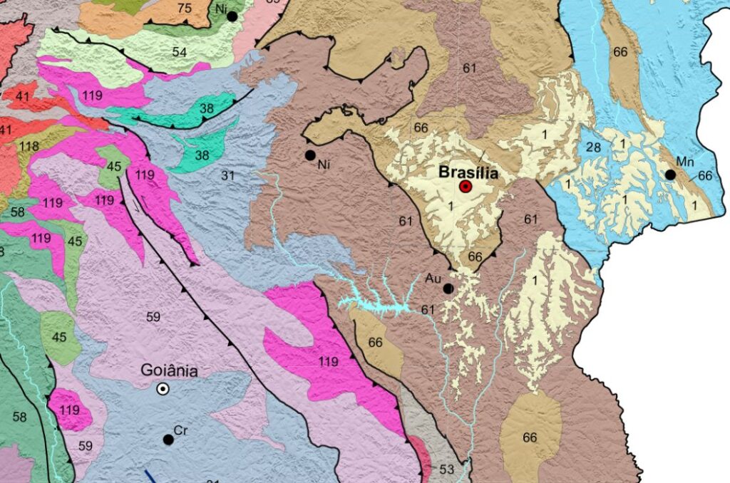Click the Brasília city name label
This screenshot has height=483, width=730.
click(468, 172)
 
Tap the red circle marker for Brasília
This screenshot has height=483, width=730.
click(466, 187)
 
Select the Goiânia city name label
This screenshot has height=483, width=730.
click(169, 370)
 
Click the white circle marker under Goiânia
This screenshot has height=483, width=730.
click(163, 388)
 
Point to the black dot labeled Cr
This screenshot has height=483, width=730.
click(168, 440)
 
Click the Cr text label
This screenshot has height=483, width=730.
click(180, 430)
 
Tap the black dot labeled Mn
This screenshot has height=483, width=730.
click(670, 175)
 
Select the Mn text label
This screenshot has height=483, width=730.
click(685, 162)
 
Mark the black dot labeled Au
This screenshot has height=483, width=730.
click(448, 289)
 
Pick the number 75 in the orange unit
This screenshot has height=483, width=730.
click(184, 9)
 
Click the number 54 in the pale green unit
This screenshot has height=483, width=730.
click(179, 52)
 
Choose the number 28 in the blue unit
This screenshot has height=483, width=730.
click(594, 147)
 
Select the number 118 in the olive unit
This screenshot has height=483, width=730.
click(30, 146)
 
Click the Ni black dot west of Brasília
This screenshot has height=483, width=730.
click(310, 155)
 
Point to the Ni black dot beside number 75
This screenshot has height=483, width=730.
click(232, 16)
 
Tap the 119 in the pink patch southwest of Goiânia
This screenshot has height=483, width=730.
click(70, 410)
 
